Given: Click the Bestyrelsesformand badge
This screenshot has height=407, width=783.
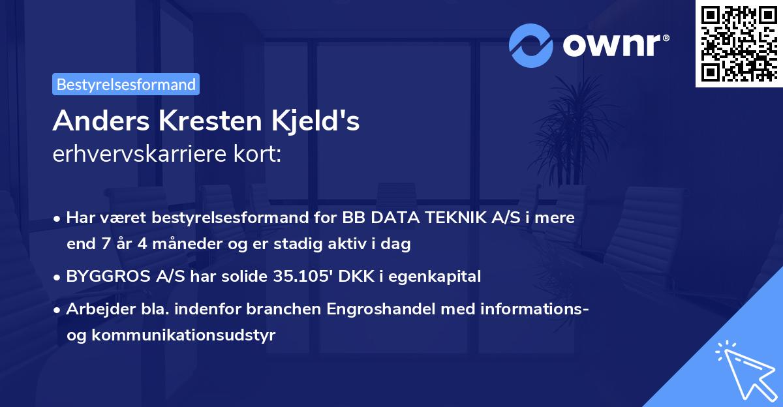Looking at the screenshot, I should tap(126, 84).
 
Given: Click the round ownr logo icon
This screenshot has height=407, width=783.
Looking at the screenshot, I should tap(531, 45).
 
